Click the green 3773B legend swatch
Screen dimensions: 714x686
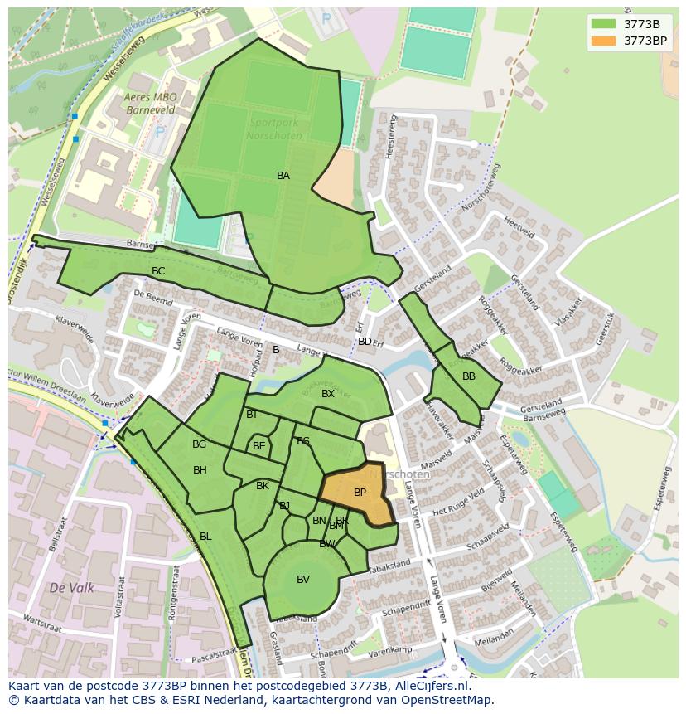click(x=604, y=23)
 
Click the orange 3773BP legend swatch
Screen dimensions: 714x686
click(x=604, y=40)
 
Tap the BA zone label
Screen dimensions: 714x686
click(x=283, y=176)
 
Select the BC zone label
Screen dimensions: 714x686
click(x=158, y=271)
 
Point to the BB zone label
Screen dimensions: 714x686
click(x=469, y=376)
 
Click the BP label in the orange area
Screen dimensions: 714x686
click(x=360, y=493)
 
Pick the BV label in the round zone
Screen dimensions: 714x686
click(x=303, y=580)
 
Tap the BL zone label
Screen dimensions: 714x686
click(x=205, y=537)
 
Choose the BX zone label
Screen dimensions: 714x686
click(x=328, y=394)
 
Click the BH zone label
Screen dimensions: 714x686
click(x=200, y=470)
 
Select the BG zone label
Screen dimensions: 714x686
click(x=199, y=444)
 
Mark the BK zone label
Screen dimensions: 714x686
click(x=263, y=486)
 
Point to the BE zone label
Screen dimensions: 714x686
click(x=259, y=446)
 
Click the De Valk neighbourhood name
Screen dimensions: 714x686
click(x=71, y=588)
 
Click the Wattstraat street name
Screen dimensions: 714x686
click(x=43, y=619)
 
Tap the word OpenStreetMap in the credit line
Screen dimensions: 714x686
click(x=447, y=700)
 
